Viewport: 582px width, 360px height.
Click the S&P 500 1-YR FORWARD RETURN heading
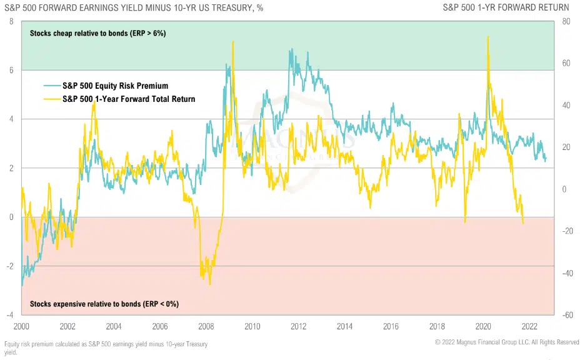point(506,7)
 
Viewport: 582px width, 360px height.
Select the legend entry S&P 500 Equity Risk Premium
point(114,86)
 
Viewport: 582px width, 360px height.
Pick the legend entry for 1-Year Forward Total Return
point(128,99)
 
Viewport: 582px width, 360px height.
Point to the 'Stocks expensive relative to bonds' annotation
point(104,304)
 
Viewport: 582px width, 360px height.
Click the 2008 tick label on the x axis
point(206,326)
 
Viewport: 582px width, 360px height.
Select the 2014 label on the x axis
point(344,326)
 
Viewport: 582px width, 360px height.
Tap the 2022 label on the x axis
point(529,326)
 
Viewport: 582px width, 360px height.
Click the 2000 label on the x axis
point(21,326)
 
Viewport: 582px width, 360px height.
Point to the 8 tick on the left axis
point(11,21)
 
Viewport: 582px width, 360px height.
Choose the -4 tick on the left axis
point(9,315)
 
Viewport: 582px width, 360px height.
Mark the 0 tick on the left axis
point(11,217)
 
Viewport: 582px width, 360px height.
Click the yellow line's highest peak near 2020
point(488,37)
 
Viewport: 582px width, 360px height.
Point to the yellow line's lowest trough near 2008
point(210,284)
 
